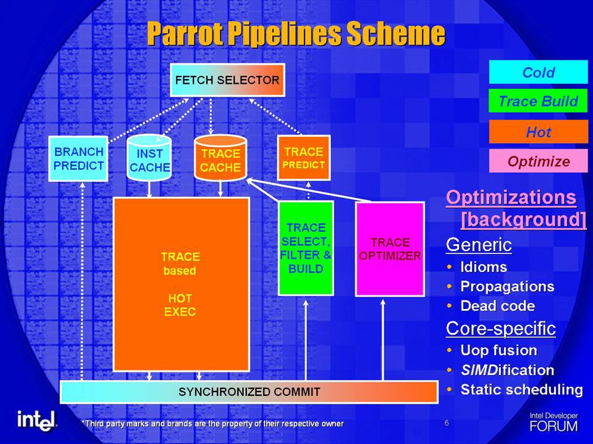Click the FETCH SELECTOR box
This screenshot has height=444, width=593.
click(x=227, y=80)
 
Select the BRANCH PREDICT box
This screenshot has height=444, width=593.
click(x=78, y=158)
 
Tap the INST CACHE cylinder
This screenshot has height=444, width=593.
click(x=149, y=158)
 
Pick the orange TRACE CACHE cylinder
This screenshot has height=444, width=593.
click(x=221, y=158)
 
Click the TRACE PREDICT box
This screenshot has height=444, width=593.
click(x=304, y=158)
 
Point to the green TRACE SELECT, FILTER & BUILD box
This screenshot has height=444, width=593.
click(x=306, y=248)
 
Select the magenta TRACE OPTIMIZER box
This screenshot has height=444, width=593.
click(x=390, y=249)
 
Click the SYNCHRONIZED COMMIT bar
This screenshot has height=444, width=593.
click(x=249, y=392)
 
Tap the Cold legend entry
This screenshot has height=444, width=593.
click(x=539, y=72)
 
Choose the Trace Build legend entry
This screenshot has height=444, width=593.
click(x=539, y=101)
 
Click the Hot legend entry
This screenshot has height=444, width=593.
click(x=539, y=132)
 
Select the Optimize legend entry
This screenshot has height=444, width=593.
click(x=539, y=161)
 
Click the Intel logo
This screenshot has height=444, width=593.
click(x=36, y=420)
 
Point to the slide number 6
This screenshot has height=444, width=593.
click(x=447, y=423)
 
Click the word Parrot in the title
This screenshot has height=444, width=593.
click(x=187, y=33)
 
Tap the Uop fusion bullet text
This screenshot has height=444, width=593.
click(x=499, y=350)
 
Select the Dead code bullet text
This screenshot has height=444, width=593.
click(x=498, y=306)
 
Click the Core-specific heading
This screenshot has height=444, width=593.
click(x=501, y=329)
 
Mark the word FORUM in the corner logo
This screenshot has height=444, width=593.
click(x=553, y=426)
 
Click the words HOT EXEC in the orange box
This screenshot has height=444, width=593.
click(x=180, y=305)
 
